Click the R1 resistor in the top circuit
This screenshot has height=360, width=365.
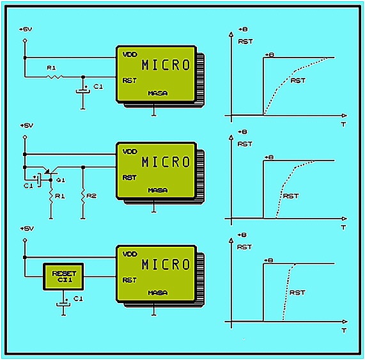click(55, 76)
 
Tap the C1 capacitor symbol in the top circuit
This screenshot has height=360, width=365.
click(83, 91)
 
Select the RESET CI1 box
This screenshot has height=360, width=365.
click(63, 277)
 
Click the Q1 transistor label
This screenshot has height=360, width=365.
click(61, 180)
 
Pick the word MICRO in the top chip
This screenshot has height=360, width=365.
click(166, 65)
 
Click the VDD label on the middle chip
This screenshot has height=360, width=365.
click(130, 152)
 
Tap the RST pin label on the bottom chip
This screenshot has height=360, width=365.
click(130, 280)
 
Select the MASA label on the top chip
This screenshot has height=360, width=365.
click(158, 93)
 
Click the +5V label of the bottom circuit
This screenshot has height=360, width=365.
click(27, 228)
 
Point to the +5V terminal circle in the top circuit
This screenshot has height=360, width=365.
click(25, 41)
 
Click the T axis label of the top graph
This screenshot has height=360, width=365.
click(343, 124)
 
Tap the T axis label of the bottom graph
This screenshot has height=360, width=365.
click(344, 330)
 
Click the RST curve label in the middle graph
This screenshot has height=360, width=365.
click(291, 196)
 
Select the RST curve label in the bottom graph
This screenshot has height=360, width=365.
click(297, 292)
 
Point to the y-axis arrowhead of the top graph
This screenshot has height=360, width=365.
click(231, 35)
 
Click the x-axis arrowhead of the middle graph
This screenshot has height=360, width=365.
click(345, 219)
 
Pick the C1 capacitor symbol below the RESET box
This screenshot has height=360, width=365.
click(63, 304)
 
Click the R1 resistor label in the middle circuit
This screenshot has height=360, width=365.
click(60, 196)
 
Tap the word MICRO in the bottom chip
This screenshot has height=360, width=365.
click(166, 264)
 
